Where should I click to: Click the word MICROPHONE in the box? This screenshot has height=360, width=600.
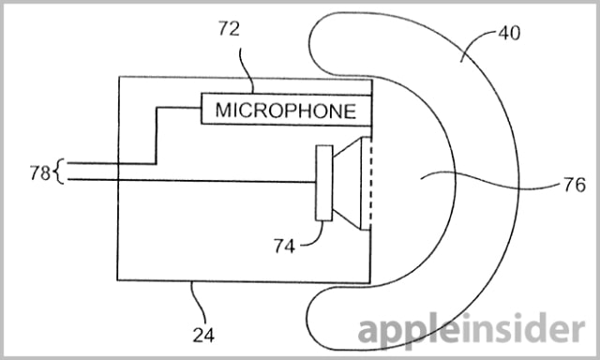point(285,111)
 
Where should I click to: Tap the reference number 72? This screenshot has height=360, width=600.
point(229,29)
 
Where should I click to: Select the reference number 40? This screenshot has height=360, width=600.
point(509,34)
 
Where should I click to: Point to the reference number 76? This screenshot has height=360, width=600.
point(575,186)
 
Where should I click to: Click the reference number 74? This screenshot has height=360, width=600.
point(284,246)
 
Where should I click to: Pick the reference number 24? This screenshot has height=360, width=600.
point(203,335)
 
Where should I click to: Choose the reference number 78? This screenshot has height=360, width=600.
point(40,172)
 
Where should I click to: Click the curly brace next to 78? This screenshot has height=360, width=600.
point(59,172)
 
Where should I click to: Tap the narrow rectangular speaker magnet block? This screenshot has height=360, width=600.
point(324,183)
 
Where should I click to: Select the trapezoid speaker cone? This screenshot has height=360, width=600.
point(347,183)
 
